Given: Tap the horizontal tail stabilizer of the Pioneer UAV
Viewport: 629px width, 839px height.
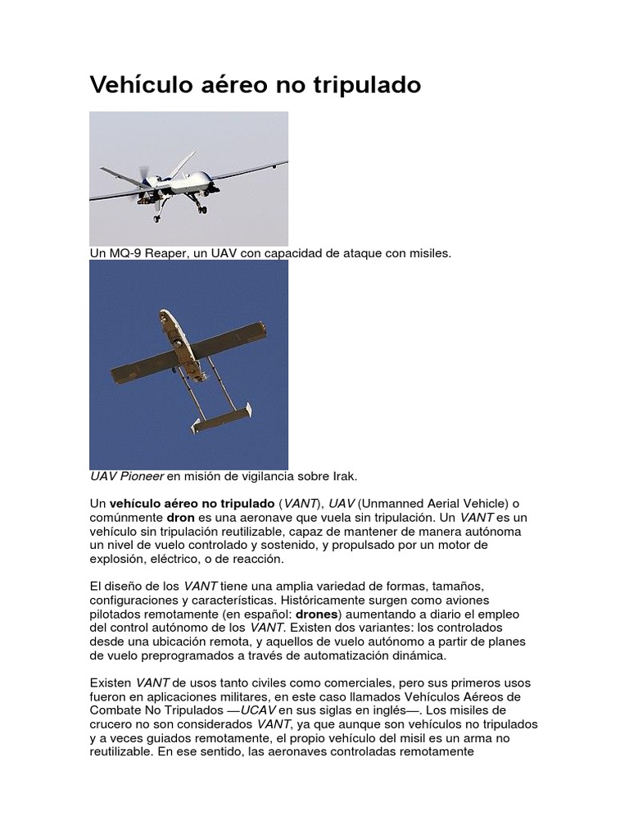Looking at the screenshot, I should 221,419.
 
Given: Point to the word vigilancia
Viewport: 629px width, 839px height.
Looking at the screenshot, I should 260,476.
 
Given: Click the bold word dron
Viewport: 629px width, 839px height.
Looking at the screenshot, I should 181,518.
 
